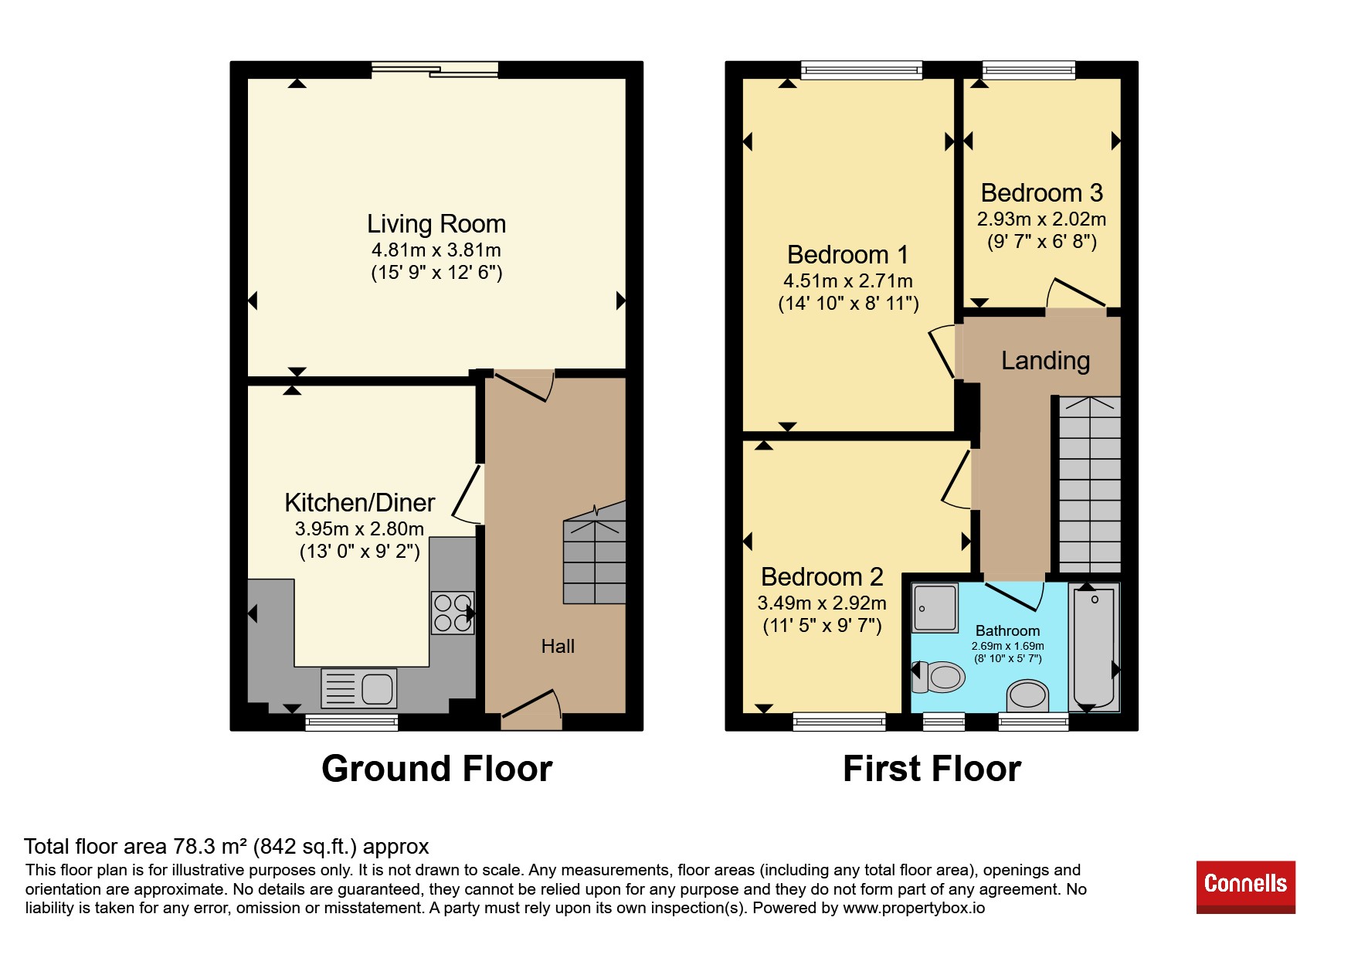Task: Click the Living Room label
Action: [x=436, y=224]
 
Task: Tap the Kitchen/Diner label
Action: [x=360, y=503]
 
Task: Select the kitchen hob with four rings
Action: [x=453, y=613]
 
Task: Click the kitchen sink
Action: [x=359, y=688]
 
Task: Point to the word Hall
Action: [x=558, y=646]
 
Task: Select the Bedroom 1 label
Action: [x=847, y=255]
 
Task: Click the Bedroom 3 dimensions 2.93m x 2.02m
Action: [x=1041, y=219]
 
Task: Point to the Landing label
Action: [x=1045, y=361]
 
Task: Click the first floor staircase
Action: [x=1089, y=484]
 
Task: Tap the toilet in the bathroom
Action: [x=939, y=678]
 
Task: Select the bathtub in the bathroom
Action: [x=1095, y=647]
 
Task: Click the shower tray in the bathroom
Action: [x=935, y=607]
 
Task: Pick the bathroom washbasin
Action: [x=1027, y=695]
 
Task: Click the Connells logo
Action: [x=1246, y=887]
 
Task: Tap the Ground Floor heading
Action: [x=437, y=769]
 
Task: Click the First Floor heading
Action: [x=932, y=769]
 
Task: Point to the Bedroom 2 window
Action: [x=839, y=722]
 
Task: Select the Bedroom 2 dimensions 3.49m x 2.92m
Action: [x=822, y=603]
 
